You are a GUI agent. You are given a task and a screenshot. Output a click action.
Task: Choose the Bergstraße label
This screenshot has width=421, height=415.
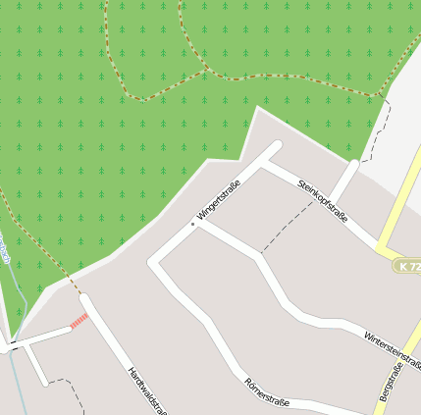pos(389,383)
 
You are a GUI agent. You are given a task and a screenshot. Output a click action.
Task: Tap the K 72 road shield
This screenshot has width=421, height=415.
pos(409,266)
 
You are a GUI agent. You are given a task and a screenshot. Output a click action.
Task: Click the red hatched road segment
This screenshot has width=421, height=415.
pos(79,320)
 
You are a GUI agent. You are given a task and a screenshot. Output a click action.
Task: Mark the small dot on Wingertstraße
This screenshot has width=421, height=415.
pos(193,225)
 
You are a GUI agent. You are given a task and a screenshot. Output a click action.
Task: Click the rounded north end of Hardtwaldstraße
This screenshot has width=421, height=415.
pos(84,298)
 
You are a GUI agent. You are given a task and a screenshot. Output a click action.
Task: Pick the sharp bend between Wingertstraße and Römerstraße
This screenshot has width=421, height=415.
pos(153,262)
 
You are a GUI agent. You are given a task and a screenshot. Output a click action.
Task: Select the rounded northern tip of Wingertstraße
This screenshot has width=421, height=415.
pos(276,147)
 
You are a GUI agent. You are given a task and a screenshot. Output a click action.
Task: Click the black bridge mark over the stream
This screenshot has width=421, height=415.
pos(14,346)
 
